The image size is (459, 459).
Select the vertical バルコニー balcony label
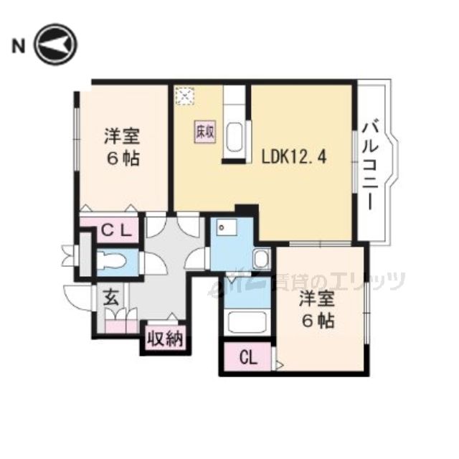(x=372, y=164)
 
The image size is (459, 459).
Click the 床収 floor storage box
(x=204, y=133)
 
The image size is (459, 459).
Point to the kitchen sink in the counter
(x=235, y=136)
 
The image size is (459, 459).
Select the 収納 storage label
(x=164, y=336)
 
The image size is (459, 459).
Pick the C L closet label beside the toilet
(x=115, y=231)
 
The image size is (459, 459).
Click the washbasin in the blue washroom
(x=262, y=259)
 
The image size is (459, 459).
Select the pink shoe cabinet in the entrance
(x=120, y=320)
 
